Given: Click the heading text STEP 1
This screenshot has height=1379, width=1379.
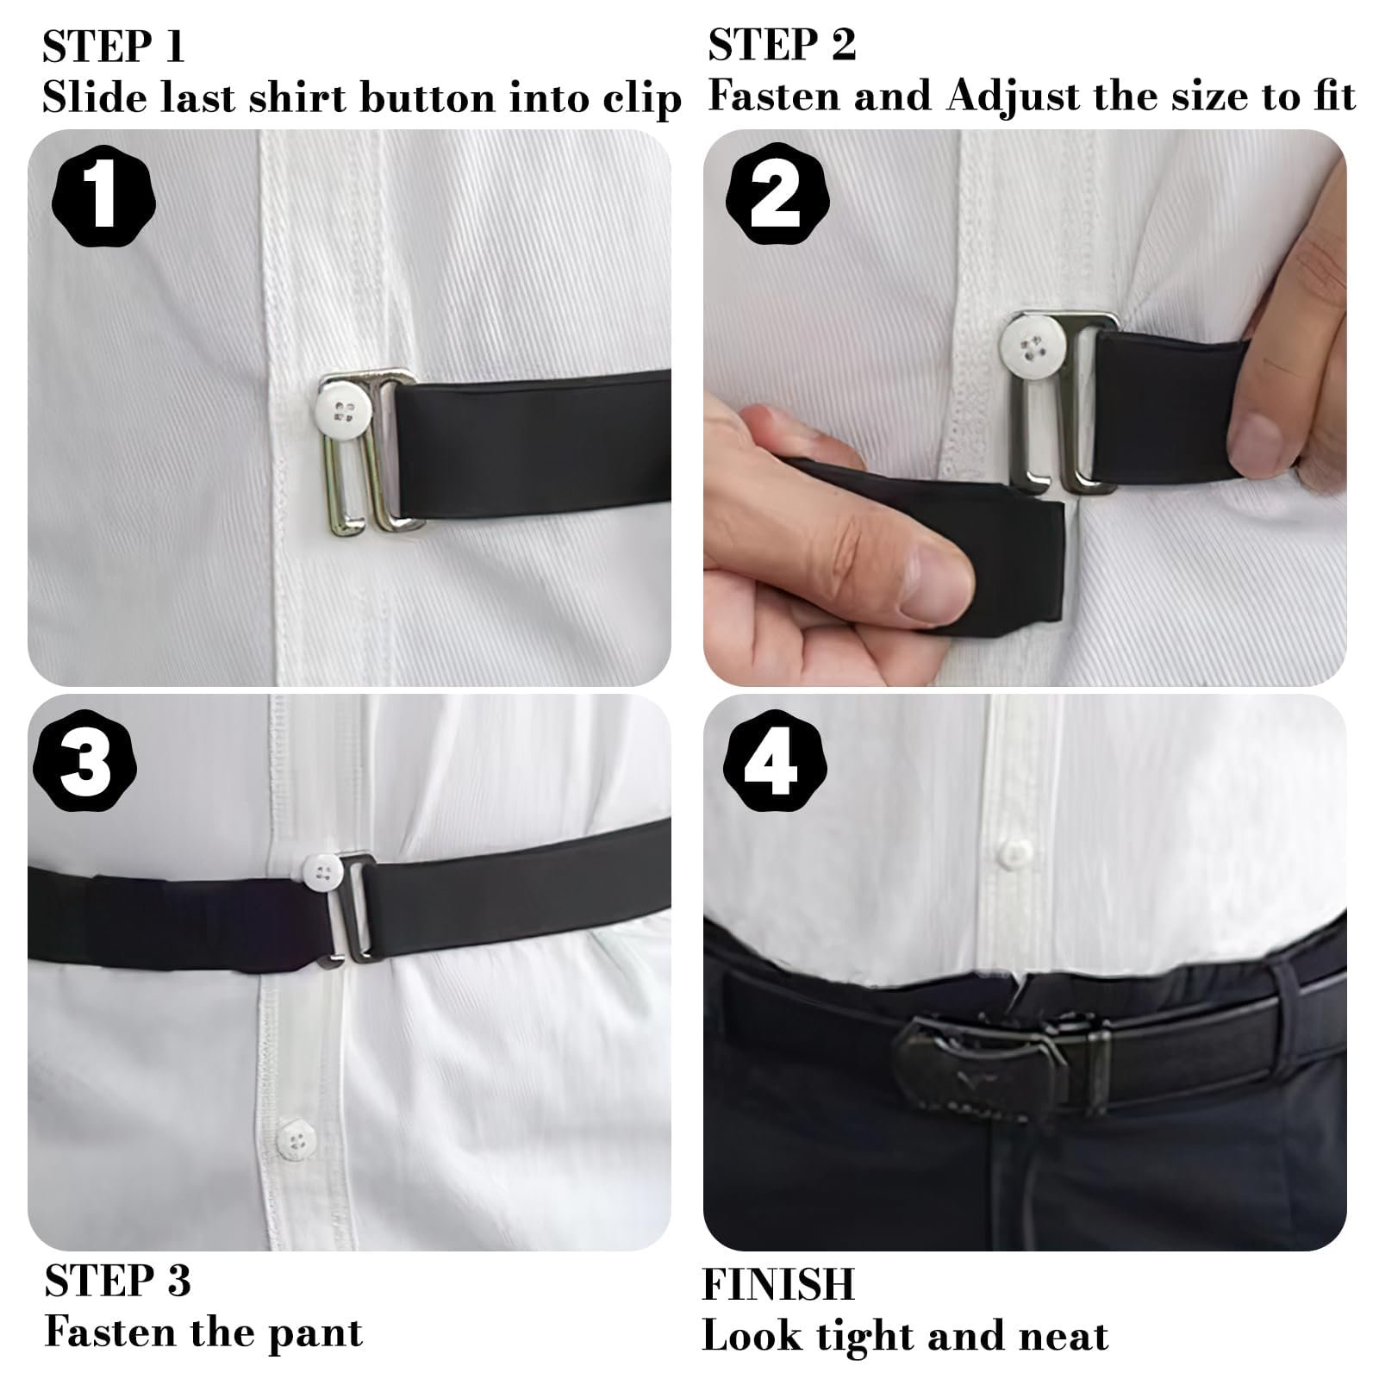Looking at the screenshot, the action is [x=114, y=47].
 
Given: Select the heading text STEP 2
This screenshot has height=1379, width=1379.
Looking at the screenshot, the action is [x=783, y=45].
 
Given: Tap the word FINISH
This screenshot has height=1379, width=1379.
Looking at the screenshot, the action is [x=778, y=1283].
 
